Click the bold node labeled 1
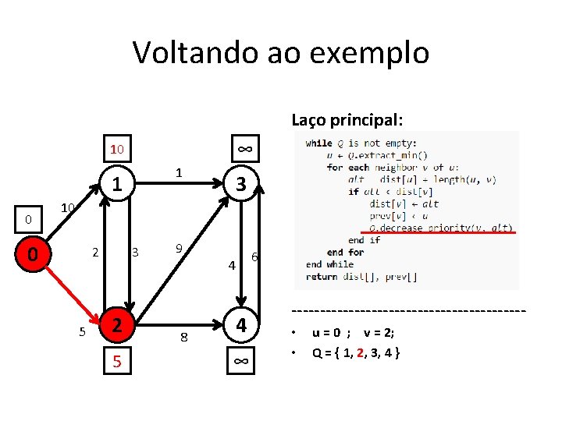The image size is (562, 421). tap(116, 186)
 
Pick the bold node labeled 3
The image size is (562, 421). tap(242, 185)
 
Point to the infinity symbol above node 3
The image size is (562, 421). tap(244, 149)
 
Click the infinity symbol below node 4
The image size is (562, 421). tap(242, 361)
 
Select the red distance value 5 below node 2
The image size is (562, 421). tap(116, 361)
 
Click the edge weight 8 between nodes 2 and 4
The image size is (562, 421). tap(183, 338)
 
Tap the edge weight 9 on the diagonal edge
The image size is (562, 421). tap(179, 249)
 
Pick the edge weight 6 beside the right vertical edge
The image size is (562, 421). tap(254, 258)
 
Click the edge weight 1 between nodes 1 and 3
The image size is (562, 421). tap(179, 172)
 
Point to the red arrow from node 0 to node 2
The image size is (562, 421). tap(75, 288)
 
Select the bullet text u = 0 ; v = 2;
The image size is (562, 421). tap(354, 333)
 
